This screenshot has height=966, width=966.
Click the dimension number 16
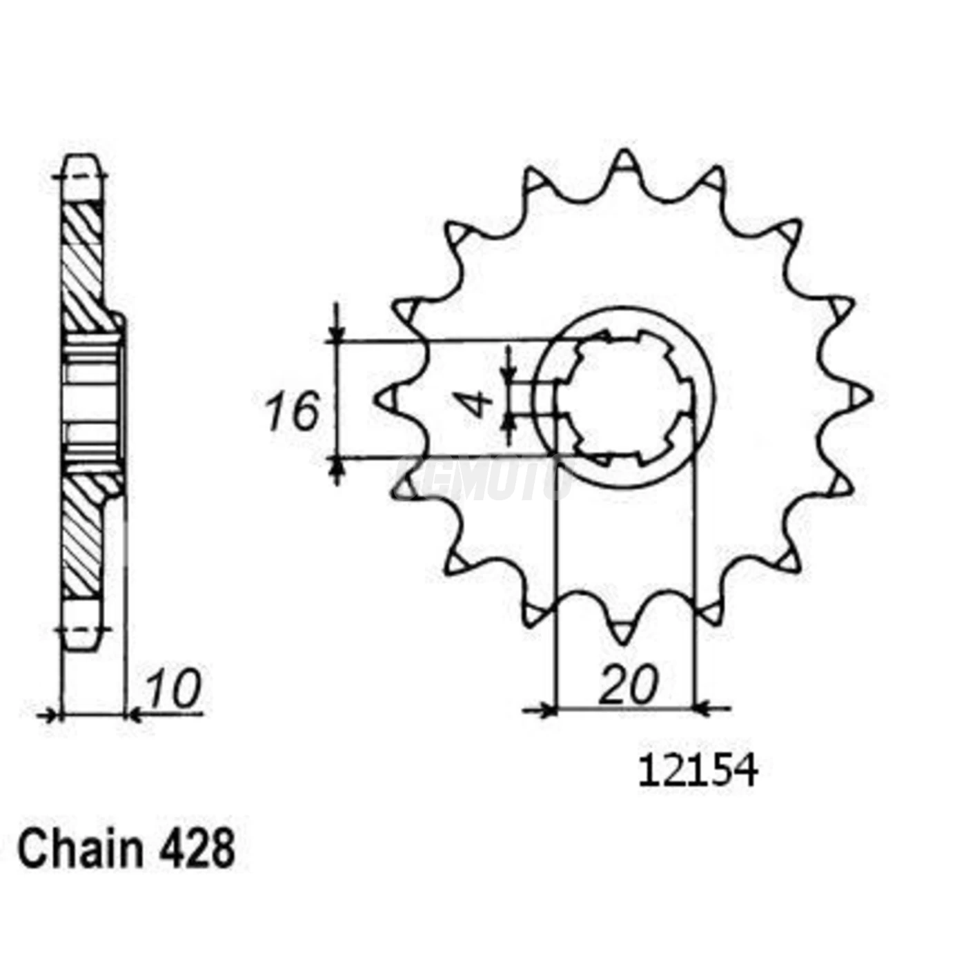coord(293,411)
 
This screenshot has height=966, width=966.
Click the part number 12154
coord(698,771)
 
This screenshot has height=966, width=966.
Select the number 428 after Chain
coord(197,849)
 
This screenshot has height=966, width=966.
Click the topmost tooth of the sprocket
coord(624,162)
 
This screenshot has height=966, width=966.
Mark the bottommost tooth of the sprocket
coord(624,631)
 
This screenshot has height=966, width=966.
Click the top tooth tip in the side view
coord(82,166)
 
